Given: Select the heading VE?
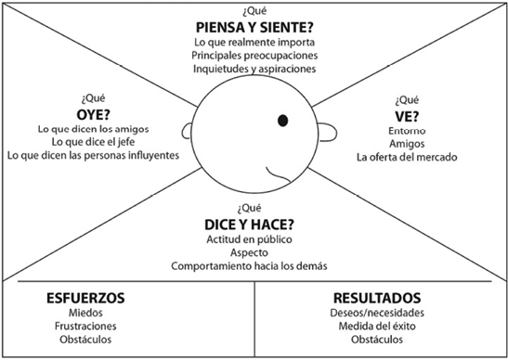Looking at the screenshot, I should click(x=408, y=115).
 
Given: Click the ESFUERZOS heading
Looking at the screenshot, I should click(x=85, y=299).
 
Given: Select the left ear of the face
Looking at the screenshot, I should click(x=188, y=131).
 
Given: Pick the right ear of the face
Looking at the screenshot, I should click(x=323, y=131).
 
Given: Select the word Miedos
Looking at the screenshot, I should click(x=85, y=315).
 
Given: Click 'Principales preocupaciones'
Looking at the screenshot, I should click(x=254, y=55).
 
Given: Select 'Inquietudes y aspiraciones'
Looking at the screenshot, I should click(x=254, y=69).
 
